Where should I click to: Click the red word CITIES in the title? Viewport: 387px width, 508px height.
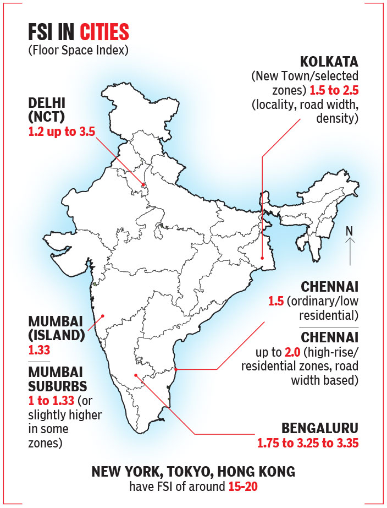[x=104, y=33]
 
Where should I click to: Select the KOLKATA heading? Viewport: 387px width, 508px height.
[x=328, y=61]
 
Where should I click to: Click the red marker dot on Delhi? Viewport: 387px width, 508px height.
[x=143, y=185]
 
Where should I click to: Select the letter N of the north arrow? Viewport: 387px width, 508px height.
[x=349, y=232]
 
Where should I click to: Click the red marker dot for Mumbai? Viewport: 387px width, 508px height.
[x=102, y=316]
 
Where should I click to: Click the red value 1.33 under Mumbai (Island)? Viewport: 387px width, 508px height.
[x=39, y=349]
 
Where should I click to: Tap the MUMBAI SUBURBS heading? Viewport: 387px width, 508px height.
[x=56, y=379]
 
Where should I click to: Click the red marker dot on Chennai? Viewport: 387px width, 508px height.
[x=176, y=369]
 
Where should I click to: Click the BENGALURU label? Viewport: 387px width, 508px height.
[x=320, y=428]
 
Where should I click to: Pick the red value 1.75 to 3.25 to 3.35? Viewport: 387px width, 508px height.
[x=308, y=443]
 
